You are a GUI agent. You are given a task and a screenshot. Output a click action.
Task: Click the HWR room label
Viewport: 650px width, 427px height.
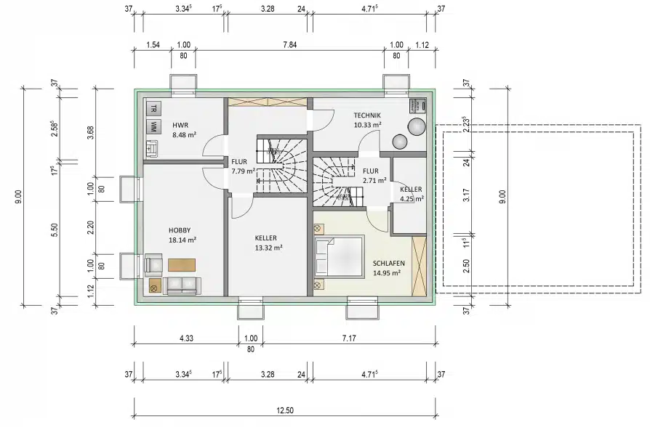180,125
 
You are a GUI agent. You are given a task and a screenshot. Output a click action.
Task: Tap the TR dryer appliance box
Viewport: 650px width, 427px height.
153,109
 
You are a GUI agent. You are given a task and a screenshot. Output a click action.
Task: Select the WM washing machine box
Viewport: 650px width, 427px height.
153,127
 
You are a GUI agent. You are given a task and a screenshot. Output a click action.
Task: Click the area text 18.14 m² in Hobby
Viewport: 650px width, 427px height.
183,239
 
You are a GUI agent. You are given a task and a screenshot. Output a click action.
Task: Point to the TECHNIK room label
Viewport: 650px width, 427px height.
367,115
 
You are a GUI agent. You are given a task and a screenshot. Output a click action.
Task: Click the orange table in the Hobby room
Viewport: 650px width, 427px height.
182,264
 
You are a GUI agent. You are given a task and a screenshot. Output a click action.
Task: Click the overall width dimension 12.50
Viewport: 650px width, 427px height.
285,410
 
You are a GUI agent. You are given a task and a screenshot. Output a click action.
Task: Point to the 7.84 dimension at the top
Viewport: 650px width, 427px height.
289,45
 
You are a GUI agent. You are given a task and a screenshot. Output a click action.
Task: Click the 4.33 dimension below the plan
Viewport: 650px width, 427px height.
185,338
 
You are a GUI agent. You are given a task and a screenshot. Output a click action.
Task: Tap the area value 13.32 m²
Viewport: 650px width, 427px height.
268,247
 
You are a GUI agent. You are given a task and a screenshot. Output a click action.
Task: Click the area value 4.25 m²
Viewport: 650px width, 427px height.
411,198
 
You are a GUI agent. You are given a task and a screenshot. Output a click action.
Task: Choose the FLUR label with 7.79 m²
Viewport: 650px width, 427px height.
242,171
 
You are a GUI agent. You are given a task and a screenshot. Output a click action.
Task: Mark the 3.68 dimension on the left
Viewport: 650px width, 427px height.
90,131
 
